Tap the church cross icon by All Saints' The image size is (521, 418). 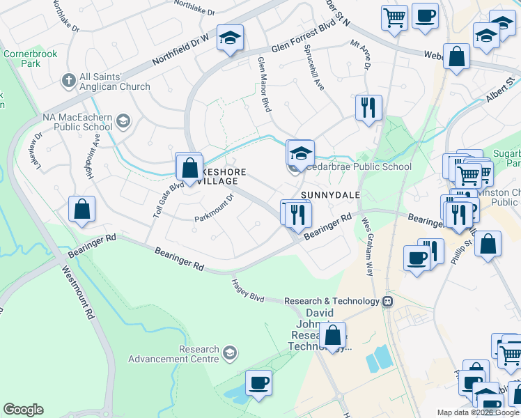coord(68,81)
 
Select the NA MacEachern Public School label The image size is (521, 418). coord(77,122)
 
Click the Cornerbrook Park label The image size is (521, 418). coord(22,59)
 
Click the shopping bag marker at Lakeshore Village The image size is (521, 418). coord(189,167)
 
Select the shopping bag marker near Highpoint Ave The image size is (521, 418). coord(81,208)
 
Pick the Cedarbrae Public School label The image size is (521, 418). coord(359,167)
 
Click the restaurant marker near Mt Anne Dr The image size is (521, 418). coord(368,108)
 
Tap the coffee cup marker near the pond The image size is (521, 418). coord(258,382)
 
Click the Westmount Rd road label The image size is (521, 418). coord(77,293)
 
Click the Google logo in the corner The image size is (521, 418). coord(23,410)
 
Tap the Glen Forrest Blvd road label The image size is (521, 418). coord(304,38)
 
